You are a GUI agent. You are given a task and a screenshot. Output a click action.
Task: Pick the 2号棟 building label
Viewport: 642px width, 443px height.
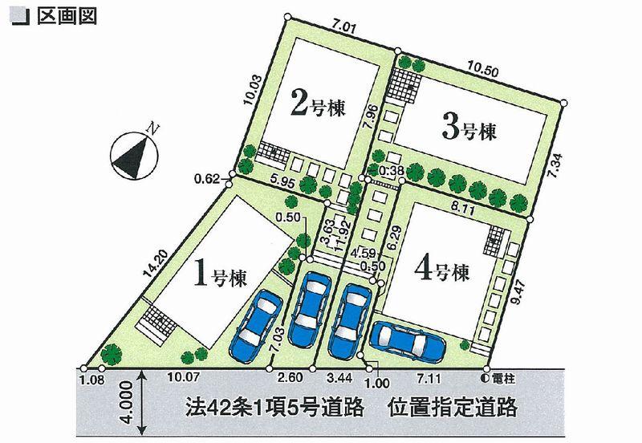click(x=318, y=105)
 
